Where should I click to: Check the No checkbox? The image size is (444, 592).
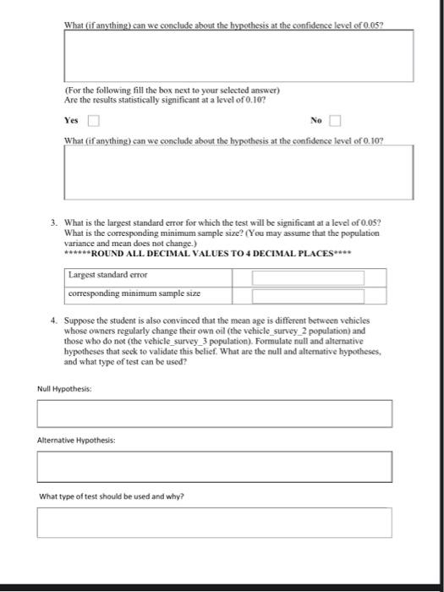click(336, 121)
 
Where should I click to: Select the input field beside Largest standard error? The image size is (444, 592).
click(308, 277)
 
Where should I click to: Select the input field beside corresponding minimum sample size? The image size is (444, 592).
click(308, 295)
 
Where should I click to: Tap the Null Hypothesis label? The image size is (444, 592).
click(64, 388)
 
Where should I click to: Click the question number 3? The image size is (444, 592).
click(53, 222)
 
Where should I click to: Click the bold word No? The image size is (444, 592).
click(316, 121)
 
